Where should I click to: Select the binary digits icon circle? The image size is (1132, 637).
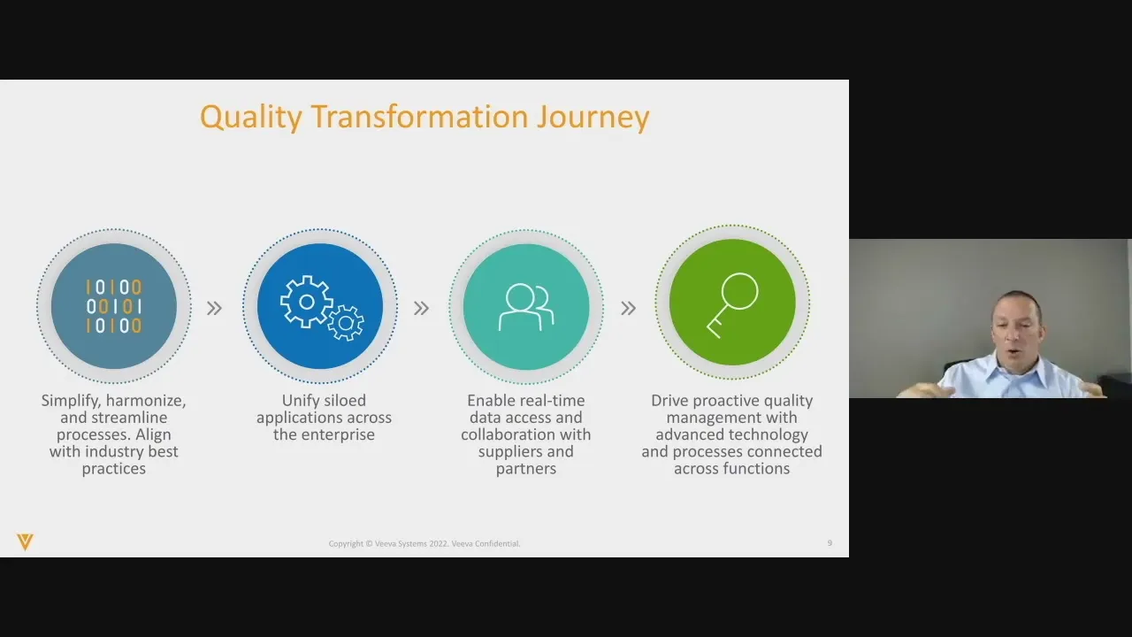click(114, 306)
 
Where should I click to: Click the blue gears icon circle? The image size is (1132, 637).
click(320, 306)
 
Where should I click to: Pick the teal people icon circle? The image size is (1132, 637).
click(526, 306)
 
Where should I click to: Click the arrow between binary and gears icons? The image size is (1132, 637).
click(214, 308)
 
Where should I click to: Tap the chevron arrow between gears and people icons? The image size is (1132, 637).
click(421, 308)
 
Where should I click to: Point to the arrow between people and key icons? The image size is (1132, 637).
click(628, 308)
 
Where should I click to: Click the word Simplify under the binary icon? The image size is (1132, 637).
click(70, 401)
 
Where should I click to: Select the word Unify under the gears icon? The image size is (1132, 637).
click(299, 401)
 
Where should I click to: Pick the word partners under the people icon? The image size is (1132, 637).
click(526, 468)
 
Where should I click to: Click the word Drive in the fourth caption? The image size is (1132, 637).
click(669, 401)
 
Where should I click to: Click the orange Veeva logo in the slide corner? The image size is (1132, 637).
click(25, 541)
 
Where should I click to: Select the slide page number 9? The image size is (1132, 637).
click(830, 543)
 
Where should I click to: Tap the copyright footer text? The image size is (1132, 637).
click(424, 543)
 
